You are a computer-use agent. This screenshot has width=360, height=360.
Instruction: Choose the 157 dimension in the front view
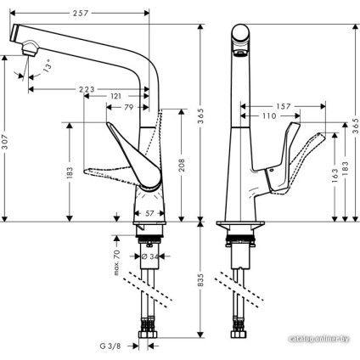pos(284,106)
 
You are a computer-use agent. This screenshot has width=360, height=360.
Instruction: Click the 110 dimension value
pos(270,115)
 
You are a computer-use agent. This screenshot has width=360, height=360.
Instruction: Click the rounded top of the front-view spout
pos(241,34)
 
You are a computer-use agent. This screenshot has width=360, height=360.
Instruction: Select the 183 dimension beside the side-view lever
pos(70,171)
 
